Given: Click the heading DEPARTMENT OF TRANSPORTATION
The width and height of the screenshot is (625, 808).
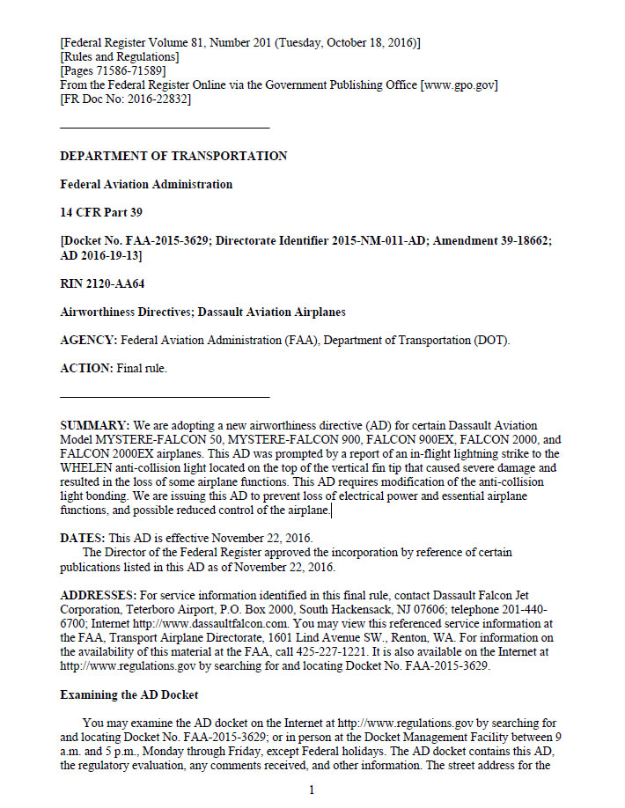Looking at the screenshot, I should coord(173,156).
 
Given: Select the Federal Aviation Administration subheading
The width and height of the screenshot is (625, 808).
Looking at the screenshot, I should coord(146,185).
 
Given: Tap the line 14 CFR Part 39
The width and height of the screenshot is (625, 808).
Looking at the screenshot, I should coord(101,213).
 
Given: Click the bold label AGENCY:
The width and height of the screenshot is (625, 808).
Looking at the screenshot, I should coord(88,340).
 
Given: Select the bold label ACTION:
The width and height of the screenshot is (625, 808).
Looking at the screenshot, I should coord(86,368).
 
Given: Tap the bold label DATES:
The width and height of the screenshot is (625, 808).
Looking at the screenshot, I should coord(82,538).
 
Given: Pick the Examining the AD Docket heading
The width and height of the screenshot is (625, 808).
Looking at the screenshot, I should coord(129,694).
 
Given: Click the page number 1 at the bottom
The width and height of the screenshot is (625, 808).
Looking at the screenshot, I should coord(312,790).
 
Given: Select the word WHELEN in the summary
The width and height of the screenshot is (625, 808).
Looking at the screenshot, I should coord(89,467).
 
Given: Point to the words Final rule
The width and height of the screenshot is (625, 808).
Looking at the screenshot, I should coord(142,368).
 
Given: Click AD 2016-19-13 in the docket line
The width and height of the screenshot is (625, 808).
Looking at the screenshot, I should coord(100,255).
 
